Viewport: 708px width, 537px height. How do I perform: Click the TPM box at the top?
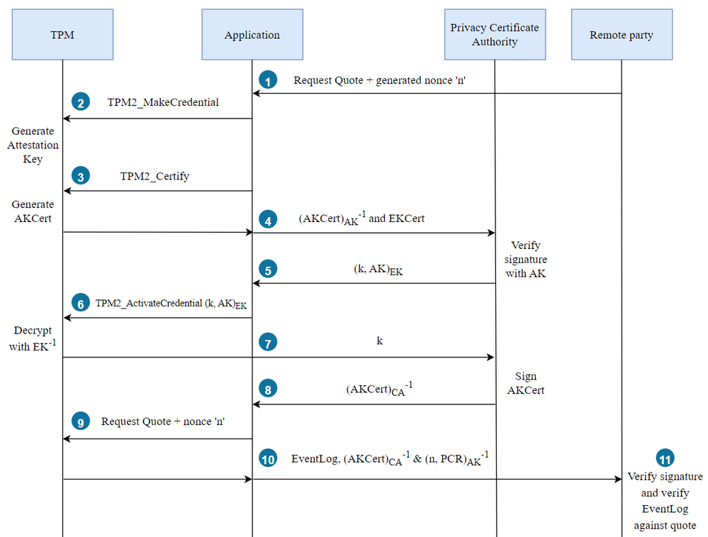click(62, 34)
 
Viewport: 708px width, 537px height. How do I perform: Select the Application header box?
click(252, 34)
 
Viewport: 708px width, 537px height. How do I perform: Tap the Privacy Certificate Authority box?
click(494, 34)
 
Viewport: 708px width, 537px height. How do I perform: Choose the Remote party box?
click(622, 34)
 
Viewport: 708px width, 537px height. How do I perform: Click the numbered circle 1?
click(267, 81)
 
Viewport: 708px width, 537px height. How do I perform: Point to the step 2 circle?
click(81, 103)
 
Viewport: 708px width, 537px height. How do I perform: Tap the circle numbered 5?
click(267, 270)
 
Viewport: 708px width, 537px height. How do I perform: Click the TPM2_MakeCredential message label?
click(163, 102)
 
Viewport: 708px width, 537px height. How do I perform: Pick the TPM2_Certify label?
click(154, 176)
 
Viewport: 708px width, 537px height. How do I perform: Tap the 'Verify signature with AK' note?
click(526, 259)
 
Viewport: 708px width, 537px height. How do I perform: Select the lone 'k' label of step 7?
click(379, 341)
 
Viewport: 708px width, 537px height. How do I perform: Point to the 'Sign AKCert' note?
click(526, 383)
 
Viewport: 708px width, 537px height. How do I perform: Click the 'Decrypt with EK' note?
click(33, 339)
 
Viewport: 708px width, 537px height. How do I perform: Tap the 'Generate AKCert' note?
click(33, 211)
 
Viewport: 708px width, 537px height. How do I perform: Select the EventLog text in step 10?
click(315, 459)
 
